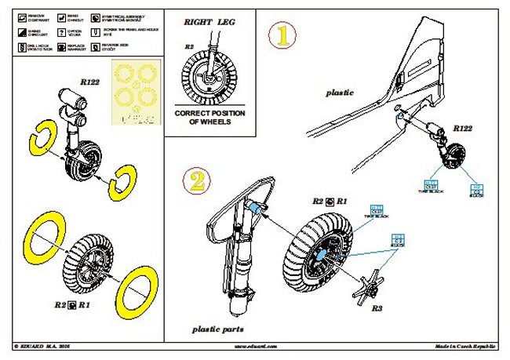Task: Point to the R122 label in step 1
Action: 463,129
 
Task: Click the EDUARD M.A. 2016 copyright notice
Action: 46,346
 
